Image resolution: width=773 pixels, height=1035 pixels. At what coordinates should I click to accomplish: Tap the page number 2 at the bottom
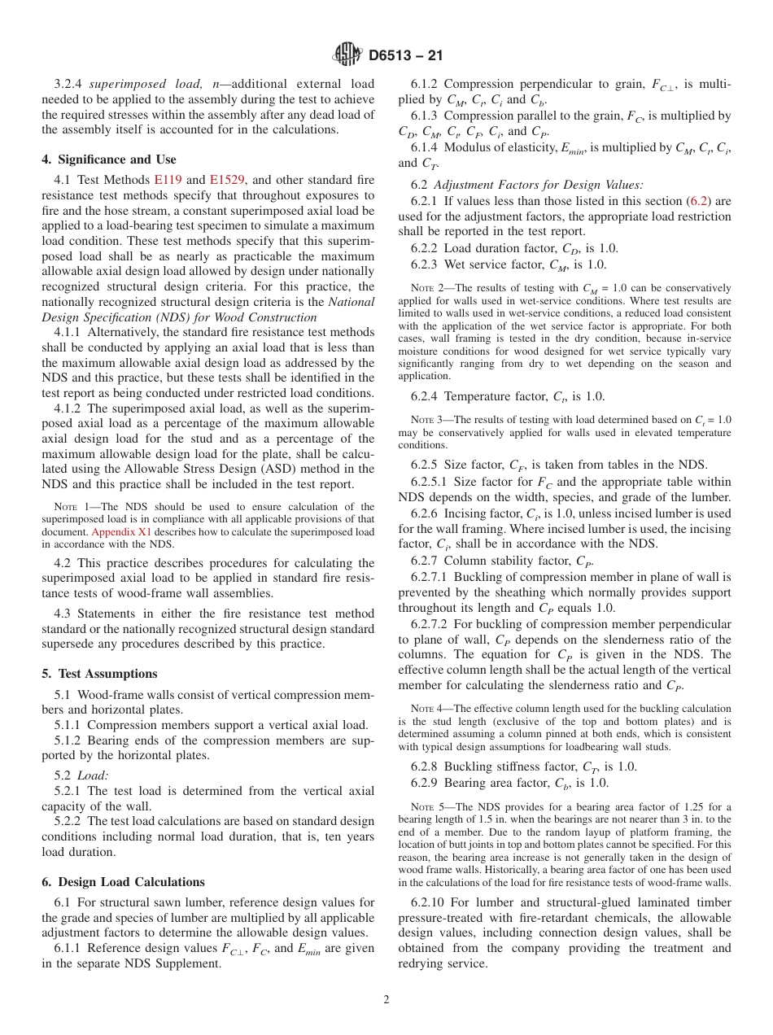tap(386, 1000)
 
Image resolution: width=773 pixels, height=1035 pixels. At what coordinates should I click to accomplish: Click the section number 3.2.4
tap(69, 84)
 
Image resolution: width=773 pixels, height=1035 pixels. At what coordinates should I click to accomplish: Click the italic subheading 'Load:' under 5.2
tap(93, 775)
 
